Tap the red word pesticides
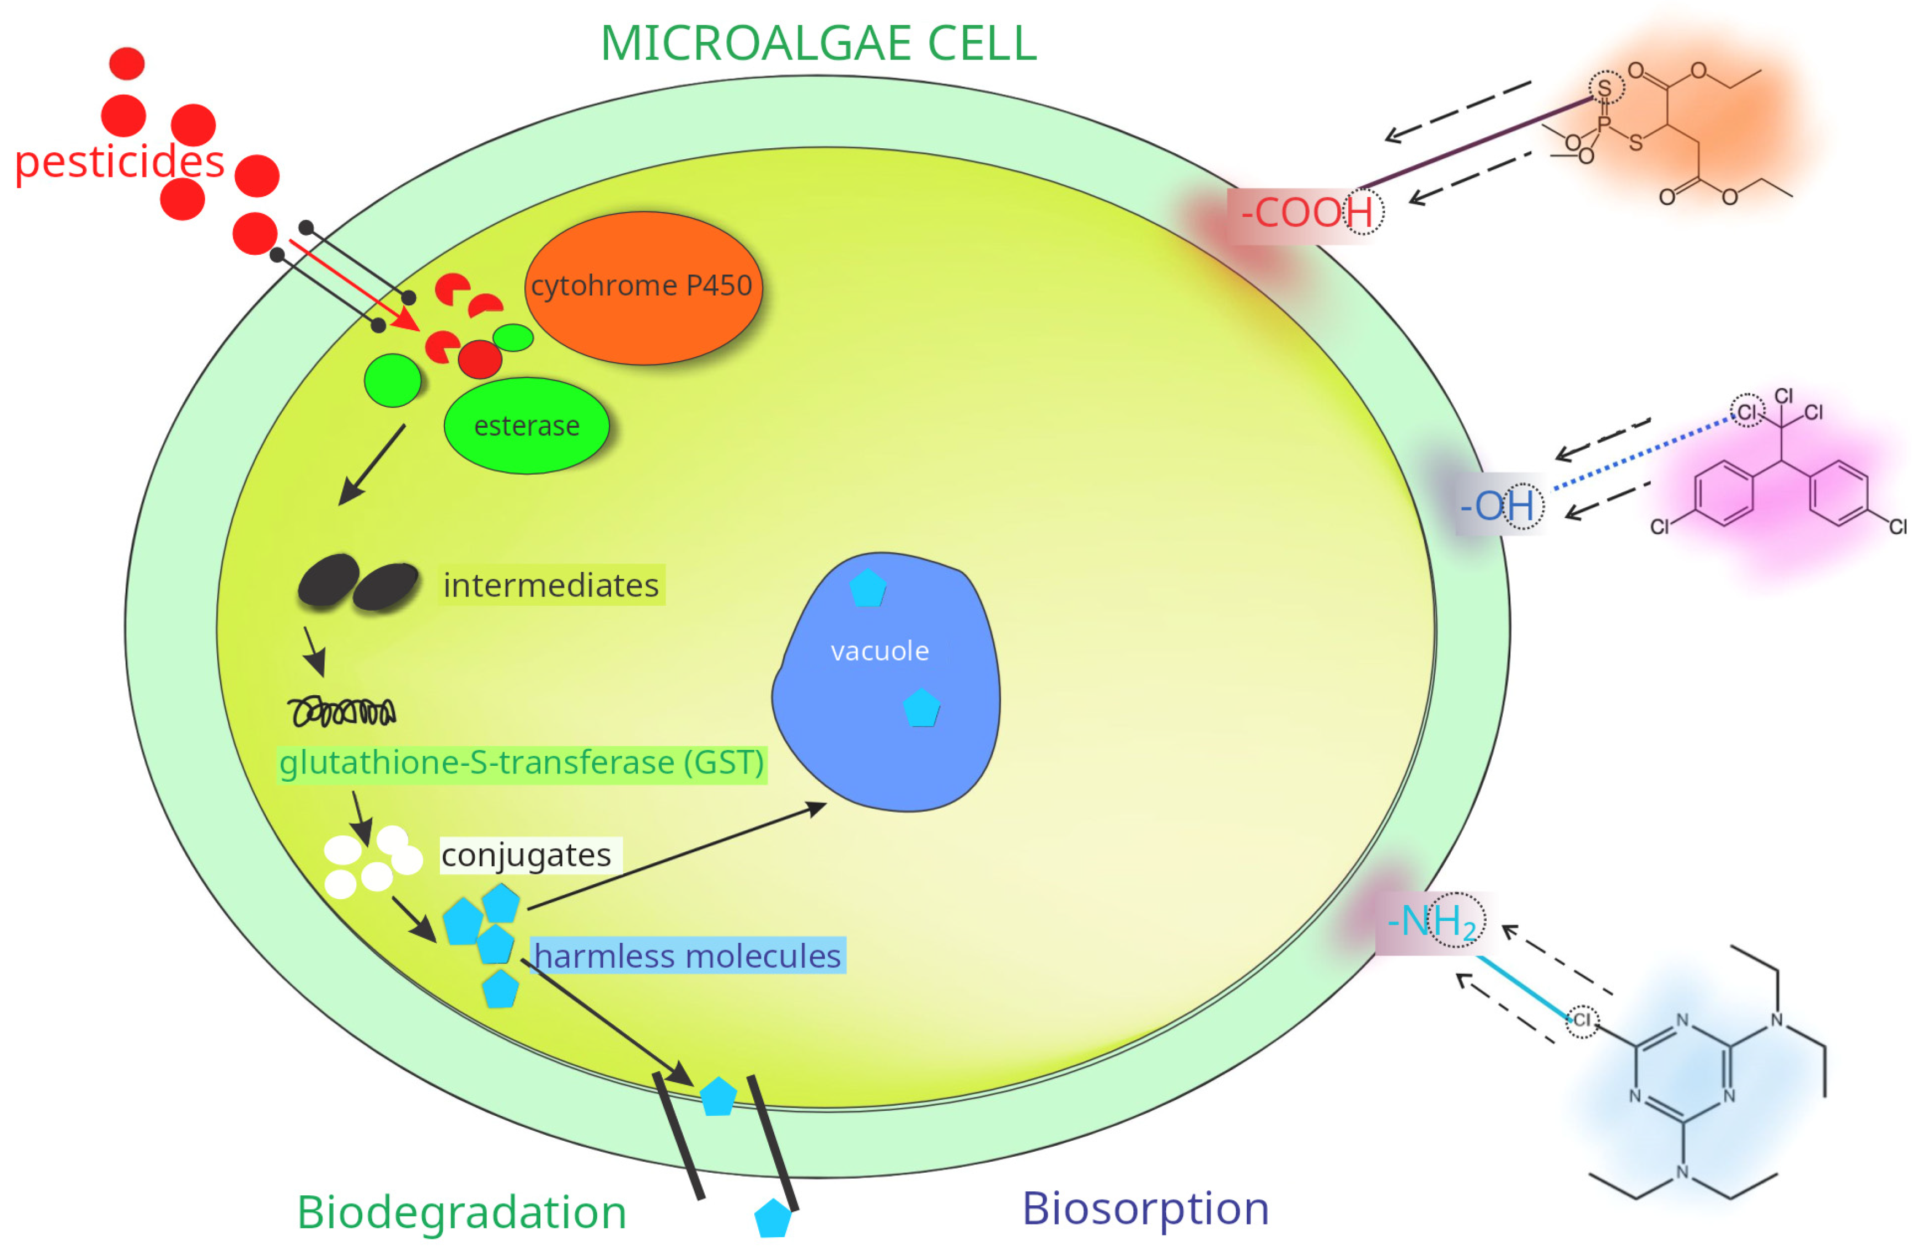click(120, 162)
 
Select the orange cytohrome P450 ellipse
click(643, 287)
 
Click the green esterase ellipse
click(527, 426)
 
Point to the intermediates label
click(551, 585)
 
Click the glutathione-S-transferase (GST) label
click(522, 763)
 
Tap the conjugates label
click(527, 855)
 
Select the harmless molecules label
click(688, 956)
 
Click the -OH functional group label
click(1497, 506)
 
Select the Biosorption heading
click(1145, 1208)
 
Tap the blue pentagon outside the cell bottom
click(773, 1218)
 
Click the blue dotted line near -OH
click(1642, 454)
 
